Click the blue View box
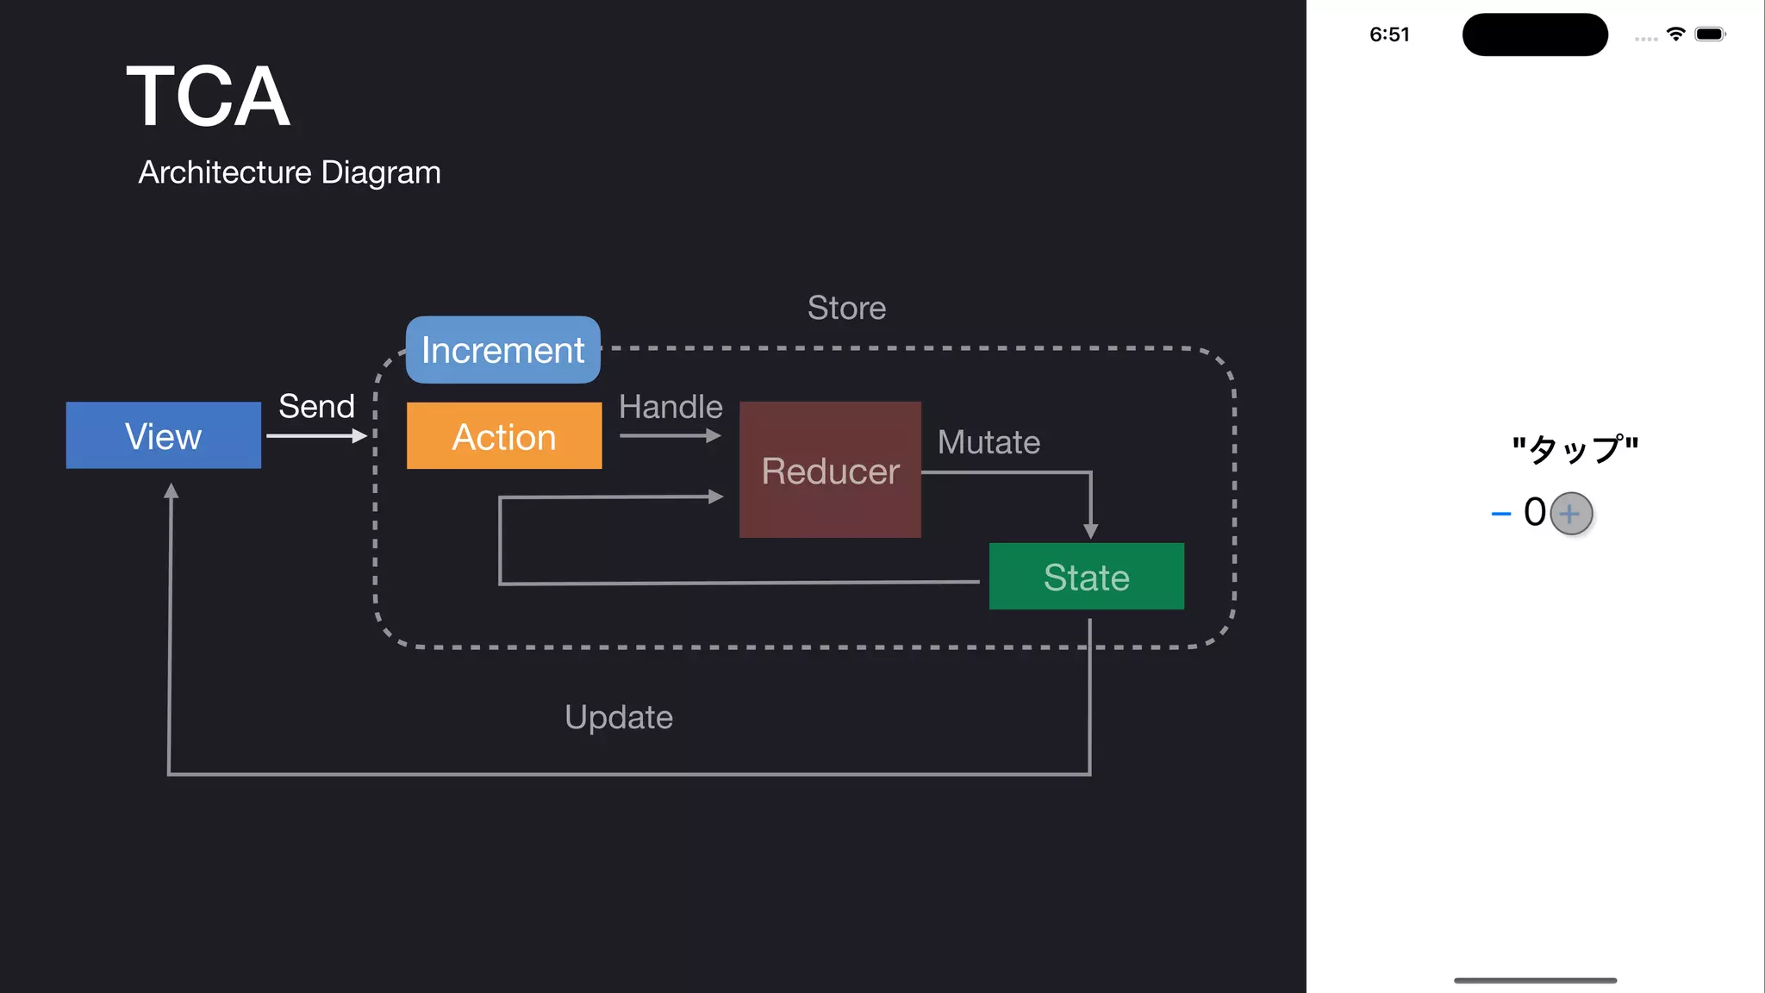[164, 435]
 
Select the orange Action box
[504, 436]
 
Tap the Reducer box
[830, 470]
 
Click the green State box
[1086, 577]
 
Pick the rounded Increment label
[503, 350]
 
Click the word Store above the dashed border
[846, 308]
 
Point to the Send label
[316, 406]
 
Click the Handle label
[670, 407]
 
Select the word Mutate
[989, 442]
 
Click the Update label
[618, 717]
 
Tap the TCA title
[208, 97]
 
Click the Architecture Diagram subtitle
[290, 172]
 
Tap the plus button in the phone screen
[1570, 514]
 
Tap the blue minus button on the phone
[1500, 514]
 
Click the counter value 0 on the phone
[1534, 512]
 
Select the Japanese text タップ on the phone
[1575, 449]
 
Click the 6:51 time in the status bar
[1389, 34]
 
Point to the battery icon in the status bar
[1710, 34]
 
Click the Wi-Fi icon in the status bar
[1675, 34]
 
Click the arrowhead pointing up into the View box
[171, 491]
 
